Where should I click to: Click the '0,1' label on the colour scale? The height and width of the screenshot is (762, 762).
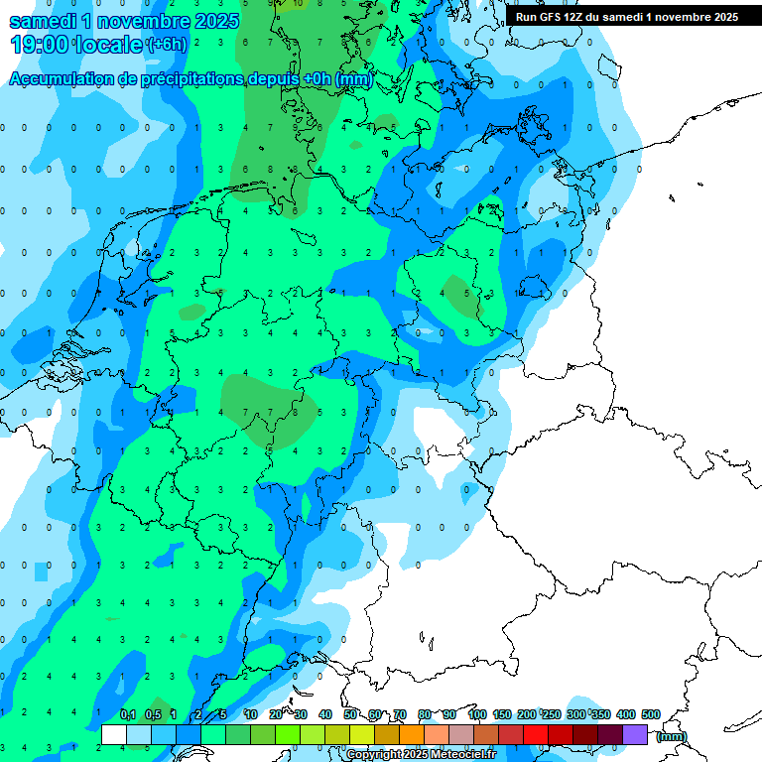127,715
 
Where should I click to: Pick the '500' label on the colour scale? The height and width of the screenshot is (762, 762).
650,715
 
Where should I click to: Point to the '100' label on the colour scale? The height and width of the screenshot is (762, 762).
476,715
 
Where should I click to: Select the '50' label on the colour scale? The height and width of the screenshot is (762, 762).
350,715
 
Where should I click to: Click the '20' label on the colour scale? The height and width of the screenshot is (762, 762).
276,715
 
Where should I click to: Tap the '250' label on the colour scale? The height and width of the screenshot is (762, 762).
551,715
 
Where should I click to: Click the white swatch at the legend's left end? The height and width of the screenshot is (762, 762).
113,734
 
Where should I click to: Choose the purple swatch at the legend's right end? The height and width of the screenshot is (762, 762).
635,734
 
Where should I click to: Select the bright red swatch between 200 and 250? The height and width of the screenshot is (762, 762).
536,734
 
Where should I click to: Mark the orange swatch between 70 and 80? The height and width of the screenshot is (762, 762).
412,734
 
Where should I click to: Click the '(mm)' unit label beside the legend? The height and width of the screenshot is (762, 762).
672,736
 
